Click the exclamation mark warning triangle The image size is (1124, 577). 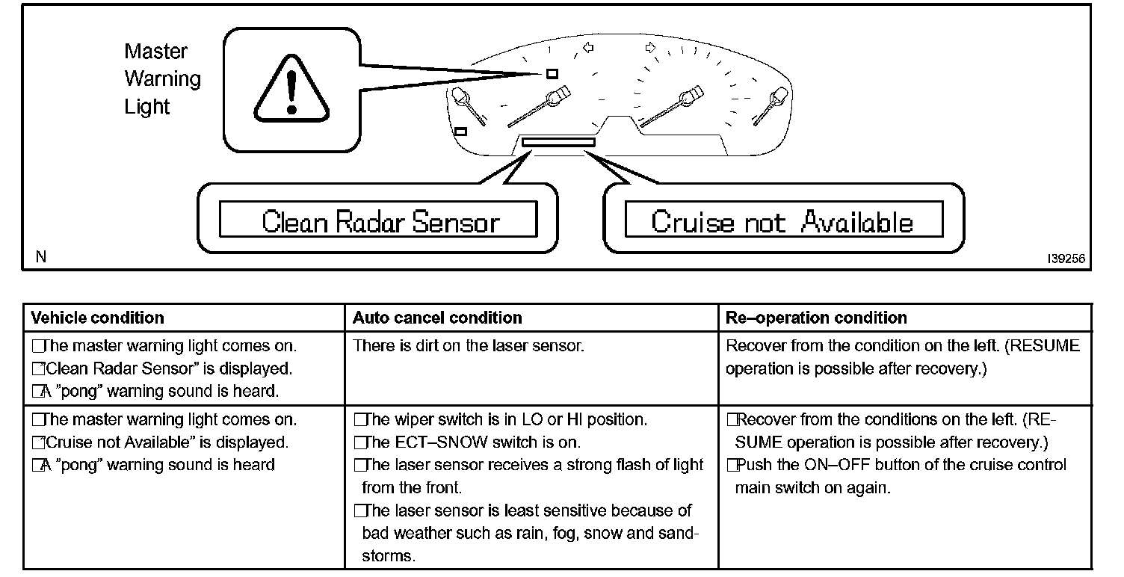pos(291,89)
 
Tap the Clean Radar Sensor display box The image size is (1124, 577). pos(378,221)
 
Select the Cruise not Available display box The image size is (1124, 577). pos(782,221)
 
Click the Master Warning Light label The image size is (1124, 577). pos(162,79)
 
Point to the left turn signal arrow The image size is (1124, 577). pos(587,49)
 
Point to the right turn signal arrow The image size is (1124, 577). pos(650,48)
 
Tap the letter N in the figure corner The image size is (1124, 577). pos(41,257)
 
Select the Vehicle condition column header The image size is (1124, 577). pos(97,318)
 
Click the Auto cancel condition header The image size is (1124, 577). pos(437,318)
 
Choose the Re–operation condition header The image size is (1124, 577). pos(816,318)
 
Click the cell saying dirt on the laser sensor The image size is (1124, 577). pos(468,346)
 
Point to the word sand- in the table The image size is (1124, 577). pos(676,534)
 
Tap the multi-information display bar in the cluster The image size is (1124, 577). pos(558,141)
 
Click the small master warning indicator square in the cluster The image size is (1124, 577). pos(552,73)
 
